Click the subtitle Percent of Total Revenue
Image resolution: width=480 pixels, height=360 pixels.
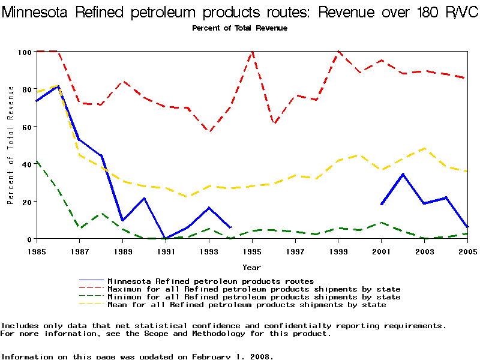tap(239, 28)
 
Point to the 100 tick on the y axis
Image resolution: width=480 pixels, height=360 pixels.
tap(25, 52)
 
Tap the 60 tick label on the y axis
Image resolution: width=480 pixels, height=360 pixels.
tap(25, 127)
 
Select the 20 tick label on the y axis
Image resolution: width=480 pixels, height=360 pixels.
tap(25, 202)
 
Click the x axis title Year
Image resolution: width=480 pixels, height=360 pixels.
tap(251, 267)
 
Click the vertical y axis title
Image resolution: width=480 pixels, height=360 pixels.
tap(11, 145)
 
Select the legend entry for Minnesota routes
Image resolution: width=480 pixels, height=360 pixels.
tap(211, 281)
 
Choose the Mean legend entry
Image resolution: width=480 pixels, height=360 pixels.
tap(247, 305)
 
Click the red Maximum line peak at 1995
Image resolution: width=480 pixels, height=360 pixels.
tap(253, 52)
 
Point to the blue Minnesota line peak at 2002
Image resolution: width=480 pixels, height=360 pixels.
tap(403, 174)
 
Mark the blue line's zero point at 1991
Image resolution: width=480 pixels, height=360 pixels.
tap(166, 238)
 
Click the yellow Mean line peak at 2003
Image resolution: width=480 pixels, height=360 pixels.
tap(425, 148)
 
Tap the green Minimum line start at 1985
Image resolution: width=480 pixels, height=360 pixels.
tap(37, 161)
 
